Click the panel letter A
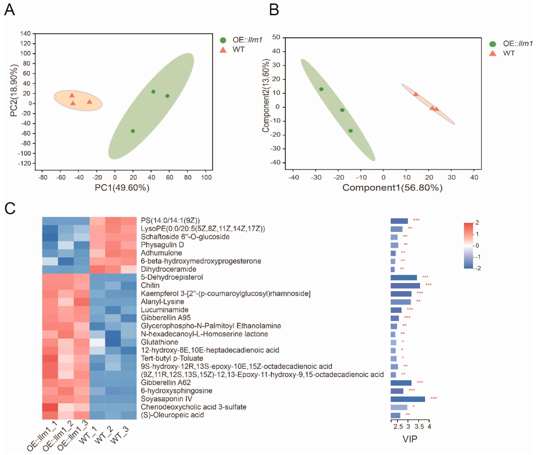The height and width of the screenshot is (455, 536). click(10, 10)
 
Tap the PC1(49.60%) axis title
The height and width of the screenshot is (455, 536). click(122, 188)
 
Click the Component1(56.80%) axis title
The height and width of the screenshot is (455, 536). click(392, 188)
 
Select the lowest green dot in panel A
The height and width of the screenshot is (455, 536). click(133, 131)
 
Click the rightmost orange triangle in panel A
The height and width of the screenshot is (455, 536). click(89, 102)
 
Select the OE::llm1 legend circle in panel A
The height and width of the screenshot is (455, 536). click(223, 40)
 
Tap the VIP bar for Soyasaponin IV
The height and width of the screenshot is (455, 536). click(408, 399)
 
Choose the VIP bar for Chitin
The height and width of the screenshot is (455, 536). click(405, 286)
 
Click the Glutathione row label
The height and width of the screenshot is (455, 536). click(159, 342)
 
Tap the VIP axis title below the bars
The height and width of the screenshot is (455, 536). click(410, 439)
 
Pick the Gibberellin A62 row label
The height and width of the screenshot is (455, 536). click(166, 382)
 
